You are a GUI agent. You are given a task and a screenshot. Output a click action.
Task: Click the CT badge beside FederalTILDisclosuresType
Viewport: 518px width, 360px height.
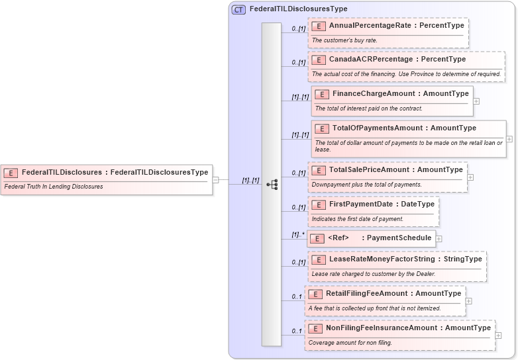pyautogui.click(x=238, y=9)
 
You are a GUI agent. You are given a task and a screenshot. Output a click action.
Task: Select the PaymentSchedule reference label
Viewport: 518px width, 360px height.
pyautogui.click(x=399, y=238)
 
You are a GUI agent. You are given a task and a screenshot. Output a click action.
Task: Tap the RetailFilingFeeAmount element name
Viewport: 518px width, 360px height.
pyautogui.click(x=366, y=293)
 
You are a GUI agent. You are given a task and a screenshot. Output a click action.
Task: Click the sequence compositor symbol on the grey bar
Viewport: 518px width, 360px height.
pyautogui.click(x=272, y=185)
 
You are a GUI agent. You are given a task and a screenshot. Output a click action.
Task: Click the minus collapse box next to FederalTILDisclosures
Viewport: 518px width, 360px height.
pyautogui.click(x=216, y=179)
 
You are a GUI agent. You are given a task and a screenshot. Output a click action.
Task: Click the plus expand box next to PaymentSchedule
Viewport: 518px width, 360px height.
pyautogui.click(x=439, y=238)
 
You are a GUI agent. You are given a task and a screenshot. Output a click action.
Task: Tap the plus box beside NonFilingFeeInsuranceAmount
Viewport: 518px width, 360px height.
pyautogui.click(x=499, y=335)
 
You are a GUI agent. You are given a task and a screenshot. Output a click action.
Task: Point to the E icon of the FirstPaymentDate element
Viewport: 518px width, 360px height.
pyautogui.click(x=318, y=204)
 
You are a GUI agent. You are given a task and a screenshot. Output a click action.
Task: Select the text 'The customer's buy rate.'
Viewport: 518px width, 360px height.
pyautogui.click(x=344, y=40)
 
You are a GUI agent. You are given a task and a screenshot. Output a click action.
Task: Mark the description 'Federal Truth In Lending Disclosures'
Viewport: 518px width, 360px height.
pyautogui.click(x=54, y=187)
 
